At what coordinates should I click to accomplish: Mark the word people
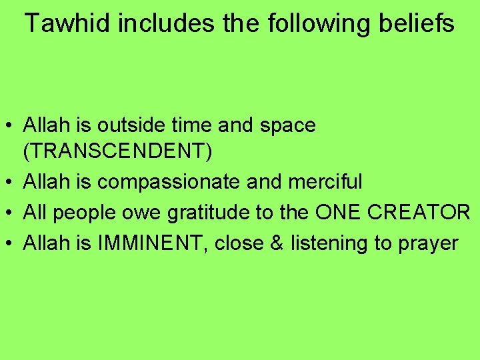85,212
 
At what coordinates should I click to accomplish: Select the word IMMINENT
155,243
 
